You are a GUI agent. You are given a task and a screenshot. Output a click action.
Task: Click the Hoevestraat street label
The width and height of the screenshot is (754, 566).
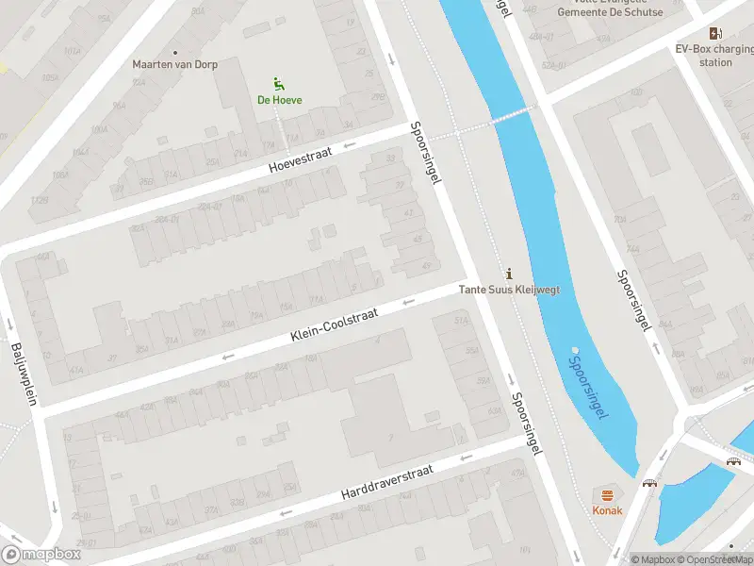[x=301, y=158]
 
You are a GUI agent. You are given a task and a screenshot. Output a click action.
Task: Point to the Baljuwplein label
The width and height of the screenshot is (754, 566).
[x=23, y=374]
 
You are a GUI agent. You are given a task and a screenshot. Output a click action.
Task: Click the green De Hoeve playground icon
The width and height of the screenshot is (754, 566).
[x=278, y=83]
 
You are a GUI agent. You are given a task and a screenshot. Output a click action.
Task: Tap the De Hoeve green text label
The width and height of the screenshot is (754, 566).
[x=280, y=100]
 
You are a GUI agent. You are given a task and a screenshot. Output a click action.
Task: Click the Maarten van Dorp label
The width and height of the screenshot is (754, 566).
[x=174, y=65]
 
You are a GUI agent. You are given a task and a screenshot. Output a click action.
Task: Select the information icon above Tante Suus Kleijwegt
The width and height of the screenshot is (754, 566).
[x=510, y=274]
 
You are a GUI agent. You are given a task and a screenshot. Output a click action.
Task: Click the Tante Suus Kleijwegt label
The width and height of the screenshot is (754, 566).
[x=509, y=290]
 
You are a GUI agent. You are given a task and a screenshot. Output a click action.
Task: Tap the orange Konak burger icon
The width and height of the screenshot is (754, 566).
[x=607, y=494]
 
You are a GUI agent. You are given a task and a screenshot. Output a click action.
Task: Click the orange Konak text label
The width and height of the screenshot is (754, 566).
[x=607, y=510]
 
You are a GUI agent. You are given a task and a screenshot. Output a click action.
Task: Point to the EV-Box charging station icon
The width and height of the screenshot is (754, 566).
[x=716, y=32]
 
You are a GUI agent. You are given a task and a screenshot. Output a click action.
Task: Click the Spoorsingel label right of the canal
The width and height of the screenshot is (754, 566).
[x=634, y=299]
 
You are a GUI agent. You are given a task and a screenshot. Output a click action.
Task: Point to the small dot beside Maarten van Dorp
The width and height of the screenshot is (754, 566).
[x=175, y=52]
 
